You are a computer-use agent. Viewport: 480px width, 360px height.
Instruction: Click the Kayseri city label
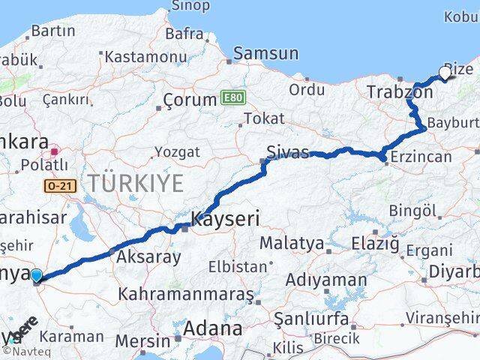click(x=225, y=220)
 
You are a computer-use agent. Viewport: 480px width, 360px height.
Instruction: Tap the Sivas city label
click(x=289, y=153)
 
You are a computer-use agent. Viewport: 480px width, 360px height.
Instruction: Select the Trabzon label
click(x=400, y=92)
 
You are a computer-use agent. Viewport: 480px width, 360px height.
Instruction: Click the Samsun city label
click(x=265, y=54)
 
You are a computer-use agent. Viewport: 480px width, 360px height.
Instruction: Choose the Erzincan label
click(x=424, y=157)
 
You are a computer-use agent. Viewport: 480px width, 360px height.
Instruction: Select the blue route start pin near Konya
click(x=37, y=276)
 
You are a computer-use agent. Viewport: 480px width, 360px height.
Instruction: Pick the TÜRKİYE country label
click(x=135, y=182)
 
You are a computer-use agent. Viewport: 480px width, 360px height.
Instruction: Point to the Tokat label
click(x=265, y=118)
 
